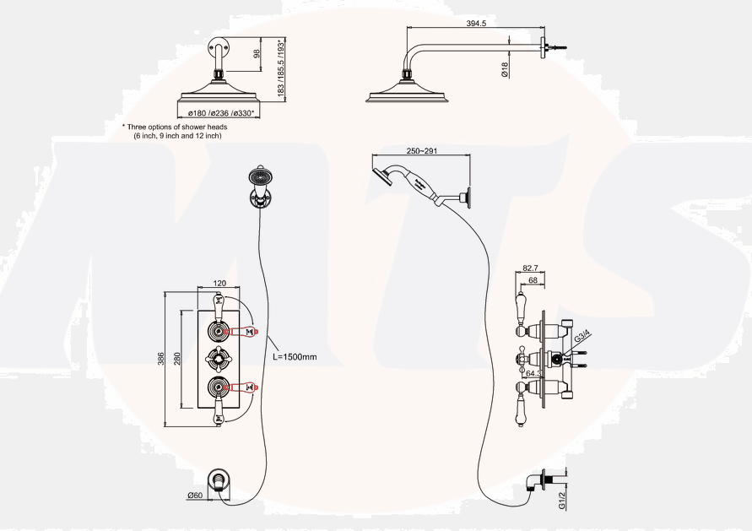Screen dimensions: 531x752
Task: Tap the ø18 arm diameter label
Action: point(504,71)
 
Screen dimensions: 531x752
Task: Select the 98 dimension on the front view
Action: point(257,54)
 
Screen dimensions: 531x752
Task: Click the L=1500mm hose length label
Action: point(295,357)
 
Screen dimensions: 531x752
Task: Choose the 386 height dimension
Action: point(160,359)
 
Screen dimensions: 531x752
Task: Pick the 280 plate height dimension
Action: point(176,359)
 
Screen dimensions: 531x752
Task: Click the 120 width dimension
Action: point(219,284)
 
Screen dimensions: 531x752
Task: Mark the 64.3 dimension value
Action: point(533,371)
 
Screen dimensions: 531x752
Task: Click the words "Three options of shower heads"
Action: point(178,127)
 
